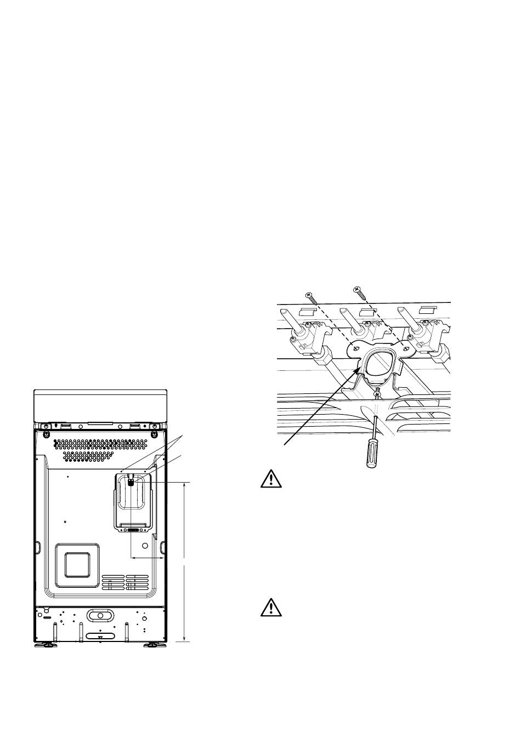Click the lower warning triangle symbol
(x=270, y=608)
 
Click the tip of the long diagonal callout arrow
(x=360, y=369)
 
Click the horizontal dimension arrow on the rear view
(x=148, y=558)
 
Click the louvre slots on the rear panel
(x=125, y=582)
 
